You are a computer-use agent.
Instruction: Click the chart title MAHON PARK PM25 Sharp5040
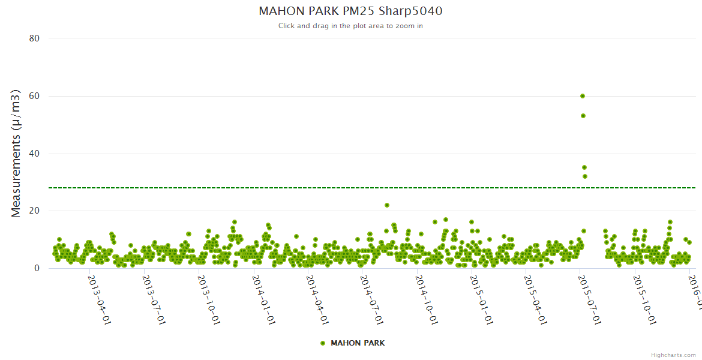tap(350, 11)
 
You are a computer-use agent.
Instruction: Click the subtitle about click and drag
tap(350, 26)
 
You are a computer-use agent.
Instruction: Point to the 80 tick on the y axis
tap(34, 38)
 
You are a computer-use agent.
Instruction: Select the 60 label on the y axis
tap(34, 96)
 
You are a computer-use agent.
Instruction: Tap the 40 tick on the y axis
tap(34, 154)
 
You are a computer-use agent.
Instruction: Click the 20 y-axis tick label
tap(34, 211)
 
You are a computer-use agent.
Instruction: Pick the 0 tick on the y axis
tap(37, 268)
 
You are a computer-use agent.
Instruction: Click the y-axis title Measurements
tap(16, 153)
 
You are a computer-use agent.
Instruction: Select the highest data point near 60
tap(583, 96)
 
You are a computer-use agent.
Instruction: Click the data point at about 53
tap(583, 116)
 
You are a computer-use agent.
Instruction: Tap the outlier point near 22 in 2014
tap(387, 205)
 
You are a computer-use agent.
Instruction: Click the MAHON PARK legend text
tap(358, 343)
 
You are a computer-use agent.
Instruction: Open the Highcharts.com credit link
tap(673, 355)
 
